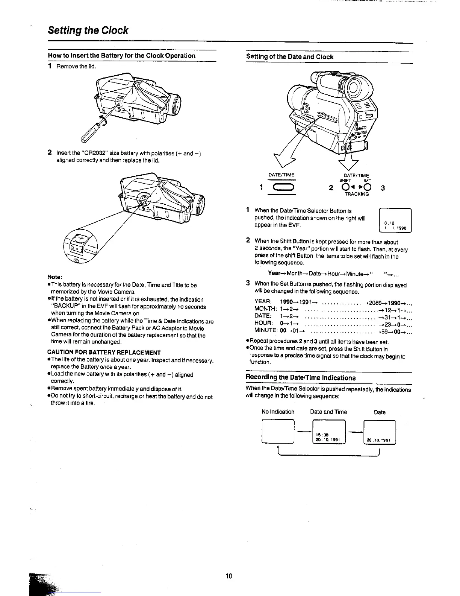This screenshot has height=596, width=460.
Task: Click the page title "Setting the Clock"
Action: [88, 30]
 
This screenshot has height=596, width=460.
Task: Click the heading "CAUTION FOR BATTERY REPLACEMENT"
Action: [104, 353]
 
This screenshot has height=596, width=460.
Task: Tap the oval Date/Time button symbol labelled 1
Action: [281, 188]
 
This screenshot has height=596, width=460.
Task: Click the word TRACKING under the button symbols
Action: [356, 194]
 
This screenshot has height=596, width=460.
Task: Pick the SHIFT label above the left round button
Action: [345, 181]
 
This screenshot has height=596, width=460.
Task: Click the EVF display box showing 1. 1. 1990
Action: [396, 221]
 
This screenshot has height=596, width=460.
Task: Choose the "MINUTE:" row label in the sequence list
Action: [266, 330]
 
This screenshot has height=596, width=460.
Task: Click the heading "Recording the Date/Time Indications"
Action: [301, 377]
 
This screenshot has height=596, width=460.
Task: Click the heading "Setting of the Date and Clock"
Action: [290, 57]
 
